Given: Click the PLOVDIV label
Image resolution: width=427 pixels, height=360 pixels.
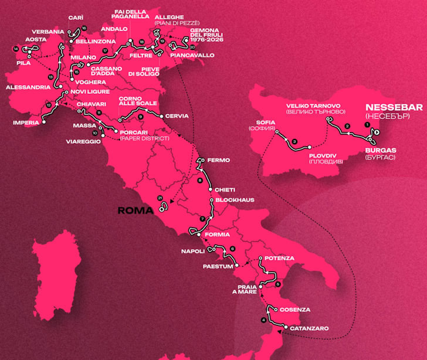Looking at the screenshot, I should pos(324,155).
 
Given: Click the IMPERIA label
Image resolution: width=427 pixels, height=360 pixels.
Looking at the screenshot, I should pos(25,123).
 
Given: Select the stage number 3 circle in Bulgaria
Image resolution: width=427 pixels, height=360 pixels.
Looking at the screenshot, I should pos(294,141).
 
